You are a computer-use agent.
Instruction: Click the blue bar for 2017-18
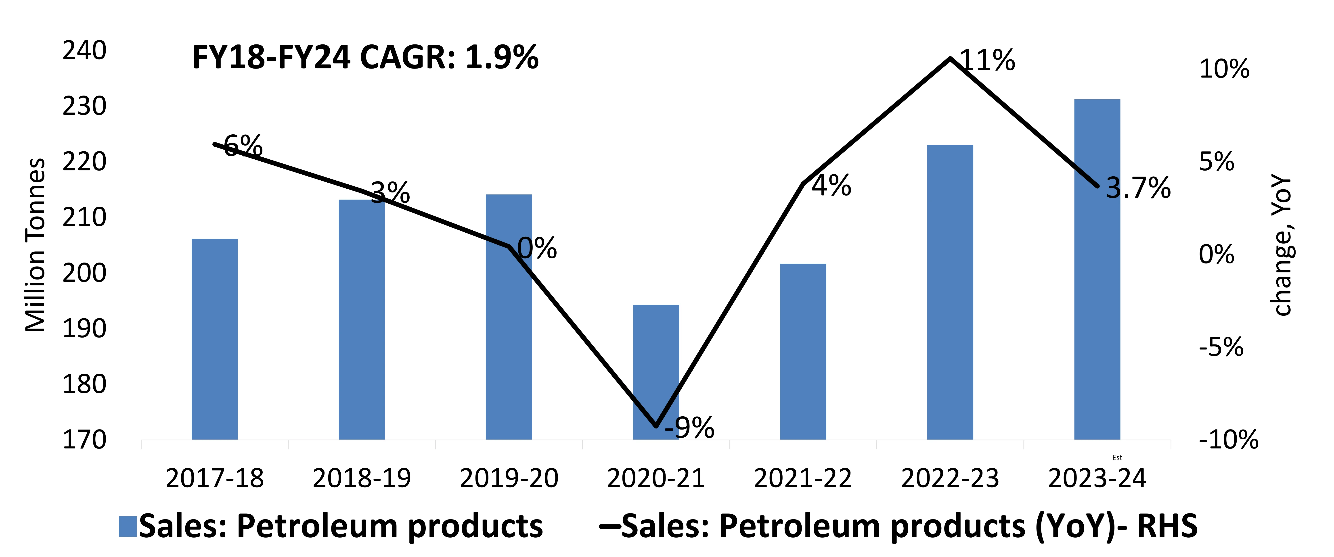214,339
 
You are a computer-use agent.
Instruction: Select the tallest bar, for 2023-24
1097,269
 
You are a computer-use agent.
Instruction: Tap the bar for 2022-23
950,292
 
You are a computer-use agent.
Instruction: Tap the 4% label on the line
831,185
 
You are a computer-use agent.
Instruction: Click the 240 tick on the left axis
84,51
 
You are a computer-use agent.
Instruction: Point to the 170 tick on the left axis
84,440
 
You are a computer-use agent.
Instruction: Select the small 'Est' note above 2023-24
1117,458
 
